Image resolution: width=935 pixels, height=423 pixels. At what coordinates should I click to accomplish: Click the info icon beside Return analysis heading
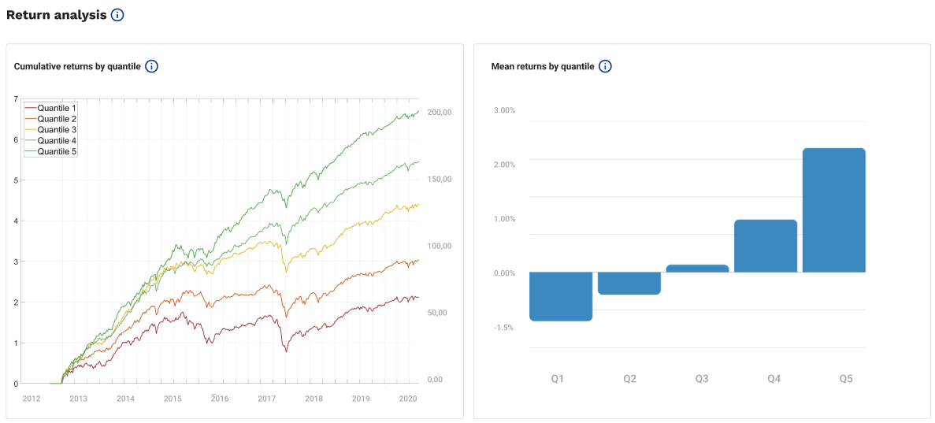pos(117,15)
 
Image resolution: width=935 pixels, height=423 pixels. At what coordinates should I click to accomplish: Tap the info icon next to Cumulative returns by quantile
pos(152,66)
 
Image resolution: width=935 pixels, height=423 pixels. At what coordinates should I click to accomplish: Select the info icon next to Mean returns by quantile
pos(605,66)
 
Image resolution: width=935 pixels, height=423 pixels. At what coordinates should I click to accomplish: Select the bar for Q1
pos(561,296)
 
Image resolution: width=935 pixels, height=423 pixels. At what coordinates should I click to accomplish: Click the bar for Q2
pos(629,283)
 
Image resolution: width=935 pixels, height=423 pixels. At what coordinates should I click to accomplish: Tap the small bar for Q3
pos(697,269)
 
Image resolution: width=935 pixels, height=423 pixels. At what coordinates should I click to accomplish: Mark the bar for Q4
pos(765,246)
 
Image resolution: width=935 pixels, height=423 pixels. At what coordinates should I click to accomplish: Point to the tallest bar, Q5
pos(833,210)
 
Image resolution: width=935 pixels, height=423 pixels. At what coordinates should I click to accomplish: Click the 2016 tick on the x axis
pos(220,399)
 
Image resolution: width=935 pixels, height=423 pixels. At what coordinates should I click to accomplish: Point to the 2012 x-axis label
pos(32,399)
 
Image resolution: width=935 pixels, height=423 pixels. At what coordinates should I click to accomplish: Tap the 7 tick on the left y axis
pos(16,98)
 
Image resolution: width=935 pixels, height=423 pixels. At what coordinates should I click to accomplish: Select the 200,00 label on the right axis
pos(440,113)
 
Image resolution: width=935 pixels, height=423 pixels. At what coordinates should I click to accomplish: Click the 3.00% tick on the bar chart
pos(503,110)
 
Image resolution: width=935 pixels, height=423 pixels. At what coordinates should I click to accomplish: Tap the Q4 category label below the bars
pos(774,379)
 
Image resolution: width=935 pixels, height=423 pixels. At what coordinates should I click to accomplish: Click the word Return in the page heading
pos(28,15)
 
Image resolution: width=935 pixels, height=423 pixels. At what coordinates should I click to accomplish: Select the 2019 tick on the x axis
pos(361,399)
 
